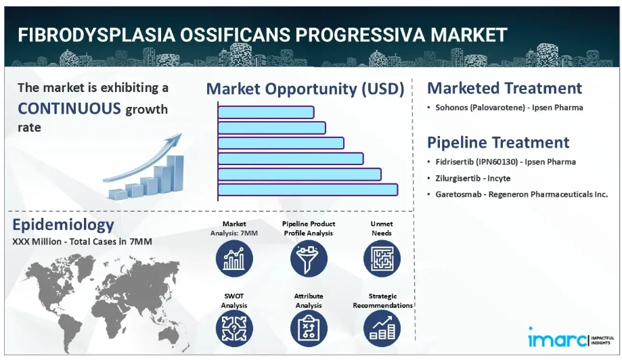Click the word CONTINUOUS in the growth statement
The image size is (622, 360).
70,108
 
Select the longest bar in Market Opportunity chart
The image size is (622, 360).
308,189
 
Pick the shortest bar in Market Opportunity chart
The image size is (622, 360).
266,112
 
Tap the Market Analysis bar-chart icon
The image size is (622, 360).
234,259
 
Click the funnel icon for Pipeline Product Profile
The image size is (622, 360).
309,259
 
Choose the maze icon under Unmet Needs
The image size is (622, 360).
382,259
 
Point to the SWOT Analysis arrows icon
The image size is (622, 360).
234,329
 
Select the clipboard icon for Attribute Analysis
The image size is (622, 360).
309,329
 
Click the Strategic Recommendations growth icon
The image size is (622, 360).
382,329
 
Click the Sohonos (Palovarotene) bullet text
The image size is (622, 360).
509,108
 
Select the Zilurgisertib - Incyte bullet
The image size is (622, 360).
473,178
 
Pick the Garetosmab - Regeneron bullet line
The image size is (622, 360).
522,194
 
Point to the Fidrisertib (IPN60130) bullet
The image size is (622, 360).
506,162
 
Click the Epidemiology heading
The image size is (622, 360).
63,225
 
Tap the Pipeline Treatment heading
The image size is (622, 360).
498,142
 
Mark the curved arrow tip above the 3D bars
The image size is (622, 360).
181,135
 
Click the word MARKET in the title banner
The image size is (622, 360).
469,35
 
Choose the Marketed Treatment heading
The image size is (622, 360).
505,88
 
